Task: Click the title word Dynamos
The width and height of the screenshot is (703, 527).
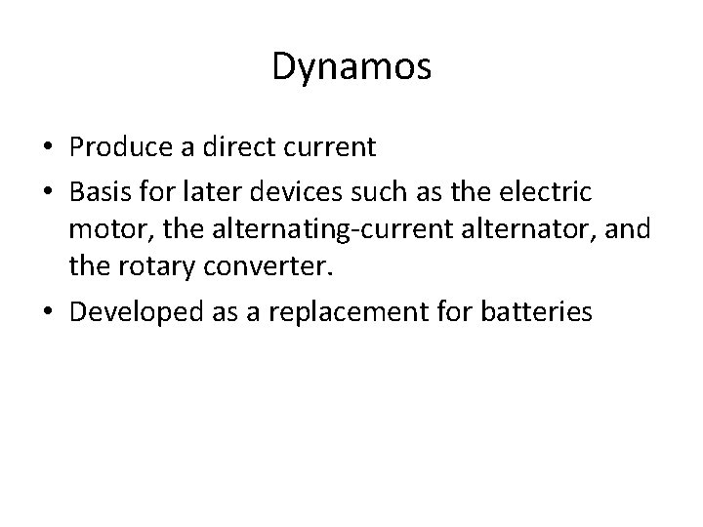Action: tap(351, 67)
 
